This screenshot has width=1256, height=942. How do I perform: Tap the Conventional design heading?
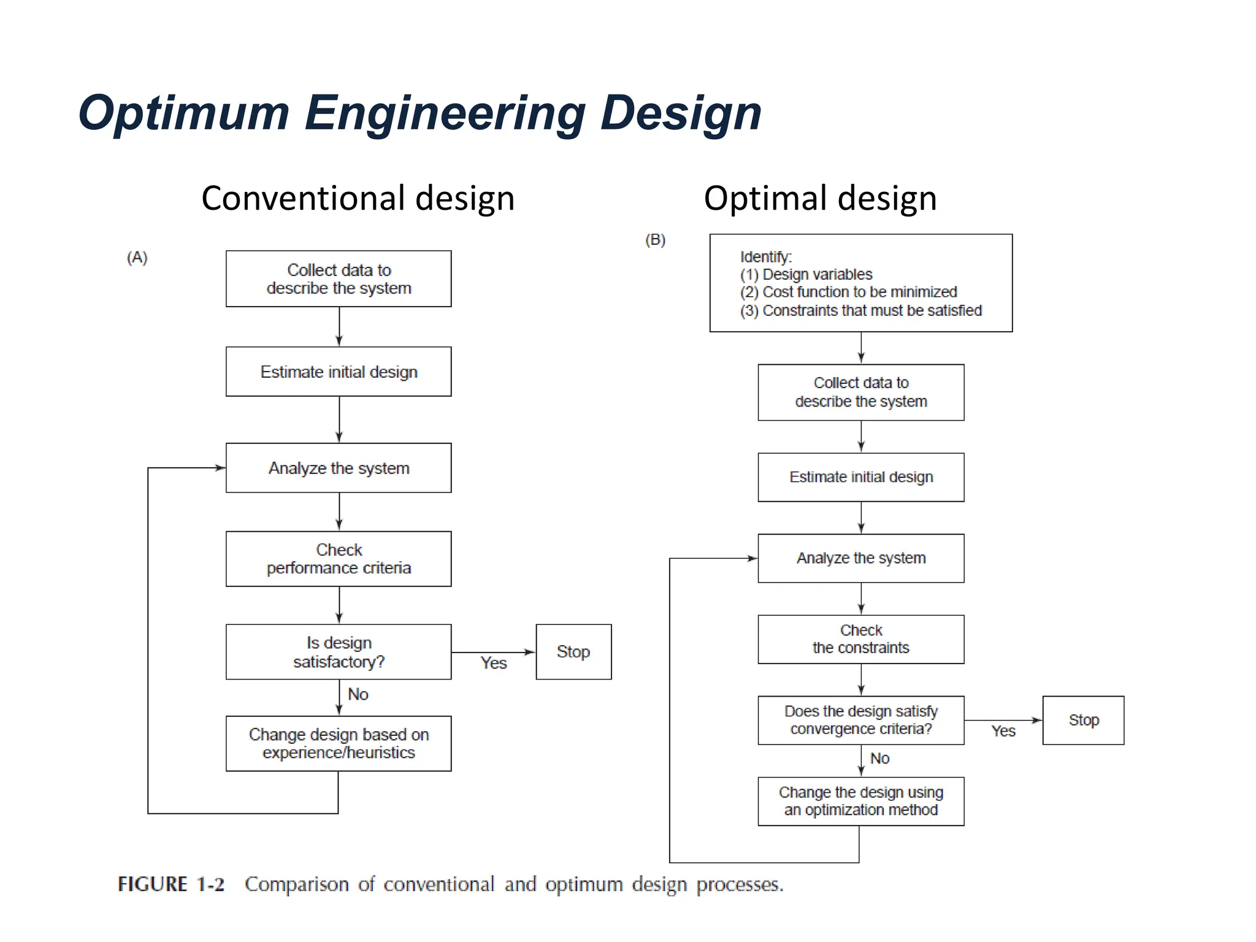[358, 198]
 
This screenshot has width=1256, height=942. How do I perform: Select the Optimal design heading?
[820, 198]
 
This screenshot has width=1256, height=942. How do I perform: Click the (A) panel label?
[137, 257]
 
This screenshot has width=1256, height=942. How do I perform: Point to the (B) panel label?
[655, 240]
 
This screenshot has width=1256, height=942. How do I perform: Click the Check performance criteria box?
[339, 559]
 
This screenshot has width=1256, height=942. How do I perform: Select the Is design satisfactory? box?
[339, 652]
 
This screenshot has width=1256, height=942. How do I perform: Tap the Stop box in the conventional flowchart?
[573, 652]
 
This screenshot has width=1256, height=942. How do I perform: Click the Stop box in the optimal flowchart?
[1083, 720]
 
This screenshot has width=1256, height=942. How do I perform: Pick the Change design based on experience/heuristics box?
[339, 743]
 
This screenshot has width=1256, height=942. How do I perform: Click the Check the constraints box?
[860, 639]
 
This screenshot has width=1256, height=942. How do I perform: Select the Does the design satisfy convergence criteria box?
[860, 720]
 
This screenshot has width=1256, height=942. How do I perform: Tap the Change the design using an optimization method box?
[860, 801]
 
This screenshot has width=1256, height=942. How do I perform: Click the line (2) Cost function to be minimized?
[848, 292]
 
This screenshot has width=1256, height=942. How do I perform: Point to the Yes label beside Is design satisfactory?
[494, 663]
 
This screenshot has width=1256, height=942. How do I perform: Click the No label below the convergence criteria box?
[879, 759]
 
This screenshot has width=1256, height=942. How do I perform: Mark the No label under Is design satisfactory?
[358, 694]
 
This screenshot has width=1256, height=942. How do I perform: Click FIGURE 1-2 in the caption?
[171, 884]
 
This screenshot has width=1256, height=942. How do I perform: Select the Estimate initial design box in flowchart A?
[339, 372]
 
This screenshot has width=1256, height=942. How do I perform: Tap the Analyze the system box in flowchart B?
[860, 558]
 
